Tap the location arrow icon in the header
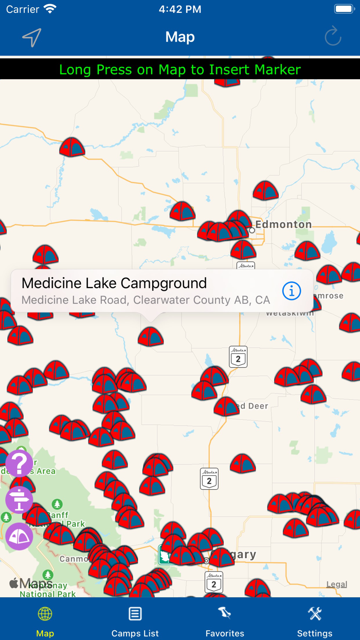coord(32,38)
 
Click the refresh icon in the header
coord(333,37)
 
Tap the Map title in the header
coord(180,37)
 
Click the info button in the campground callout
coord(292,291)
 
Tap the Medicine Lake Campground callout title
coord(114,283)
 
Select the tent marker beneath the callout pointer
coord(151,336)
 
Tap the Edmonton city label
coord(283,224)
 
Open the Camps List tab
coord(135,620)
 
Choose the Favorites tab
coord(225,620)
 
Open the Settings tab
coord(315,620)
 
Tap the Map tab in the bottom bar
coord(45,620)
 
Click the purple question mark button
coord(20,464)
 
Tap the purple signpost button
coord(20,500)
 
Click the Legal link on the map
coord(337,584)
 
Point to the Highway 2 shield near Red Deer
coord(238,357)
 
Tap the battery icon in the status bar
coord(344,9)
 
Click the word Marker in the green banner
coord(275,69)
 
